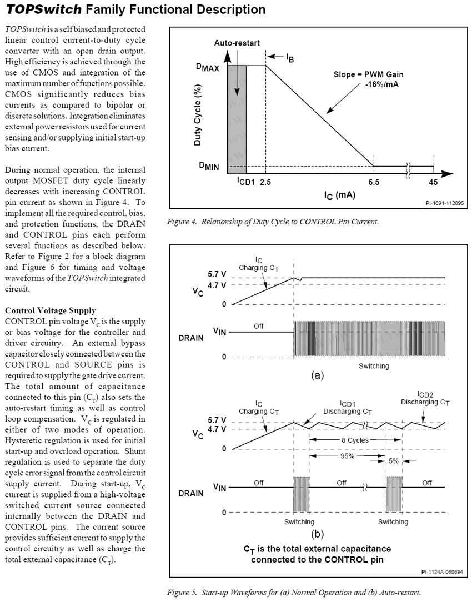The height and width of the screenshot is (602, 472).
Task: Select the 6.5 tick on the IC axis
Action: [374, 182]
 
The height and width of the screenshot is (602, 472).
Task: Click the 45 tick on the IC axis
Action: [433, 182]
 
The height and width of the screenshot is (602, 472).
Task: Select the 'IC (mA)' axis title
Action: [340, 195]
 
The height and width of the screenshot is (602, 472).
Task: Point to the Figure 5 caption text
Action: [294, 593]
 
